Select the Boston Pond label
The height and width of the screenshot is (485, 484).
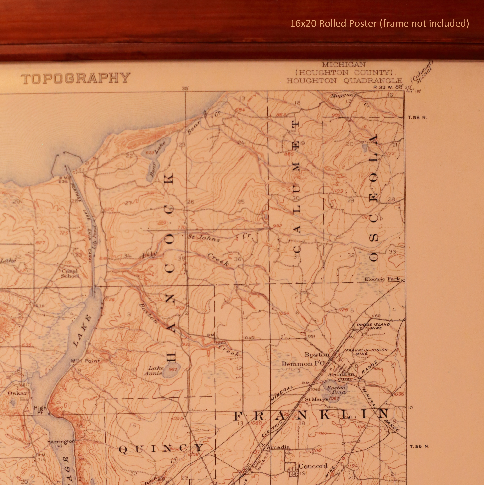click(x=336, y=390)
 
